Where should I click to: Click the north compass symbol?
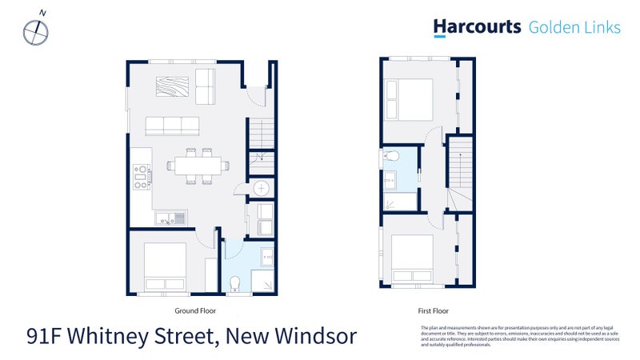click(36, 30)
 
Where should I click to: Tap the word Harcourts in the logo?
click(477, 27)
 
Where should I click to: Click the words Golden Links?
click(574, 27)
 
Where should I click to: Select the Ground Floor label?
click(195, 310)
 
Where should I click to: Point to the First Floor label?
click(434, 310)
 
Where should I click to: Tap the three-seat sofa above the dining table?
click(172, 126)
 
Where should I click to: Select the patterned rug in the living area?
click(174, 86)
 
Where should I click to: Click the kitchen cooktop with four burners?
click(141, 176)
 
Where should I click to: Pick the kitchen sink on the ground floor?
click(170, 217)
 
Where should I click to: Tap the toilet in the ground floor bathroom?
click(235, 284)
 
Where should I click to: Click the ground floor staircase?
click(262, 144)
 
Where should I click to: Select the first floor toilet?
click(390, 155)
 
